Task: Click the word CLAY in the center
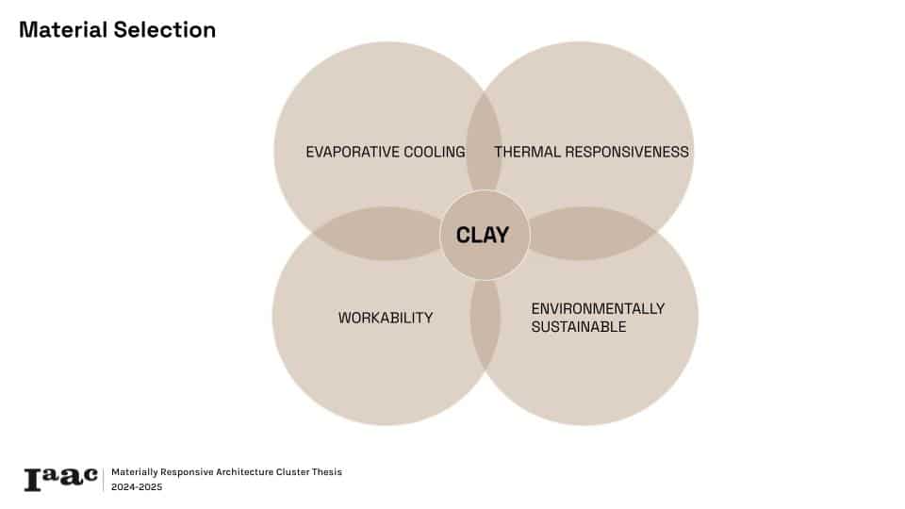coord(483,235)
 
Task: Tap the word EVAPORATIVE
coord(353,152)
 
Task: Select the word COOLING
coord(435,152)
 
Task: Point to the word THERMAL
coord(528,152)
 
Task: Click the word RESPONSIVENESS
coord(627,152)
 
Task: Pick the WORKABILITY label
coord(386,318)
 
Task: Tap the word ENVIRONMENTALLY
coord(598,309)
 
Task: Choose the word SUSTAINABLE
coord(579,327)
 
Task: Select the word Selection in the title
coord(164,30)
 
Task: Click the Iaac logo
coord(60,479)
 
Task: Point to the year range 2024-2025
coord(137,487)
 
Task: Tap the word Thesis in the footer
coord(327,472)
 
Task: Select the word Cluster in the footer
coord(292,472)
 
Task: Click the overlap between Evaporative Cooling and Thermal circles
coord(484,141)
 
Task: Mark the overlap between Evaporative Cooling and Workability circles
coord(378,233)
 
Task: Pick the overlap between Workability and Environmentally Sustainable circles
coord(485,324)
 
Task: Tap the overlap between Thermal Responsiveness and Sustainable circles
coord(592,233)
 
